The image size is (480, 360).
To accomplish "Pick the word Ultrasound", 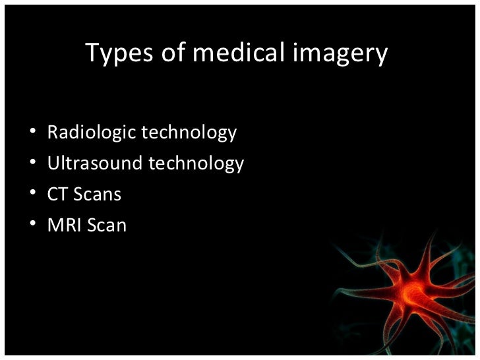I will point(94,163).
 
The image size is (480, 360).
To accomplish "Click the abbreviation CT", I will point(57,195).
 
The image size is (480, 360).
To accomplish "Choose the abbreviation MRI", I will point(63,225).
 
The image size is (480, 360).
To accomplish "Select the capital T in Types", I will point(92,54).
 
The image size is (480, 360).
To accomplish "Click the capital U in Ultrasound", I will point(53,163).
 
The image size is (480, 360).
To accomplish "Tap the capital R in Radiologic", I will point(53,133).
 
